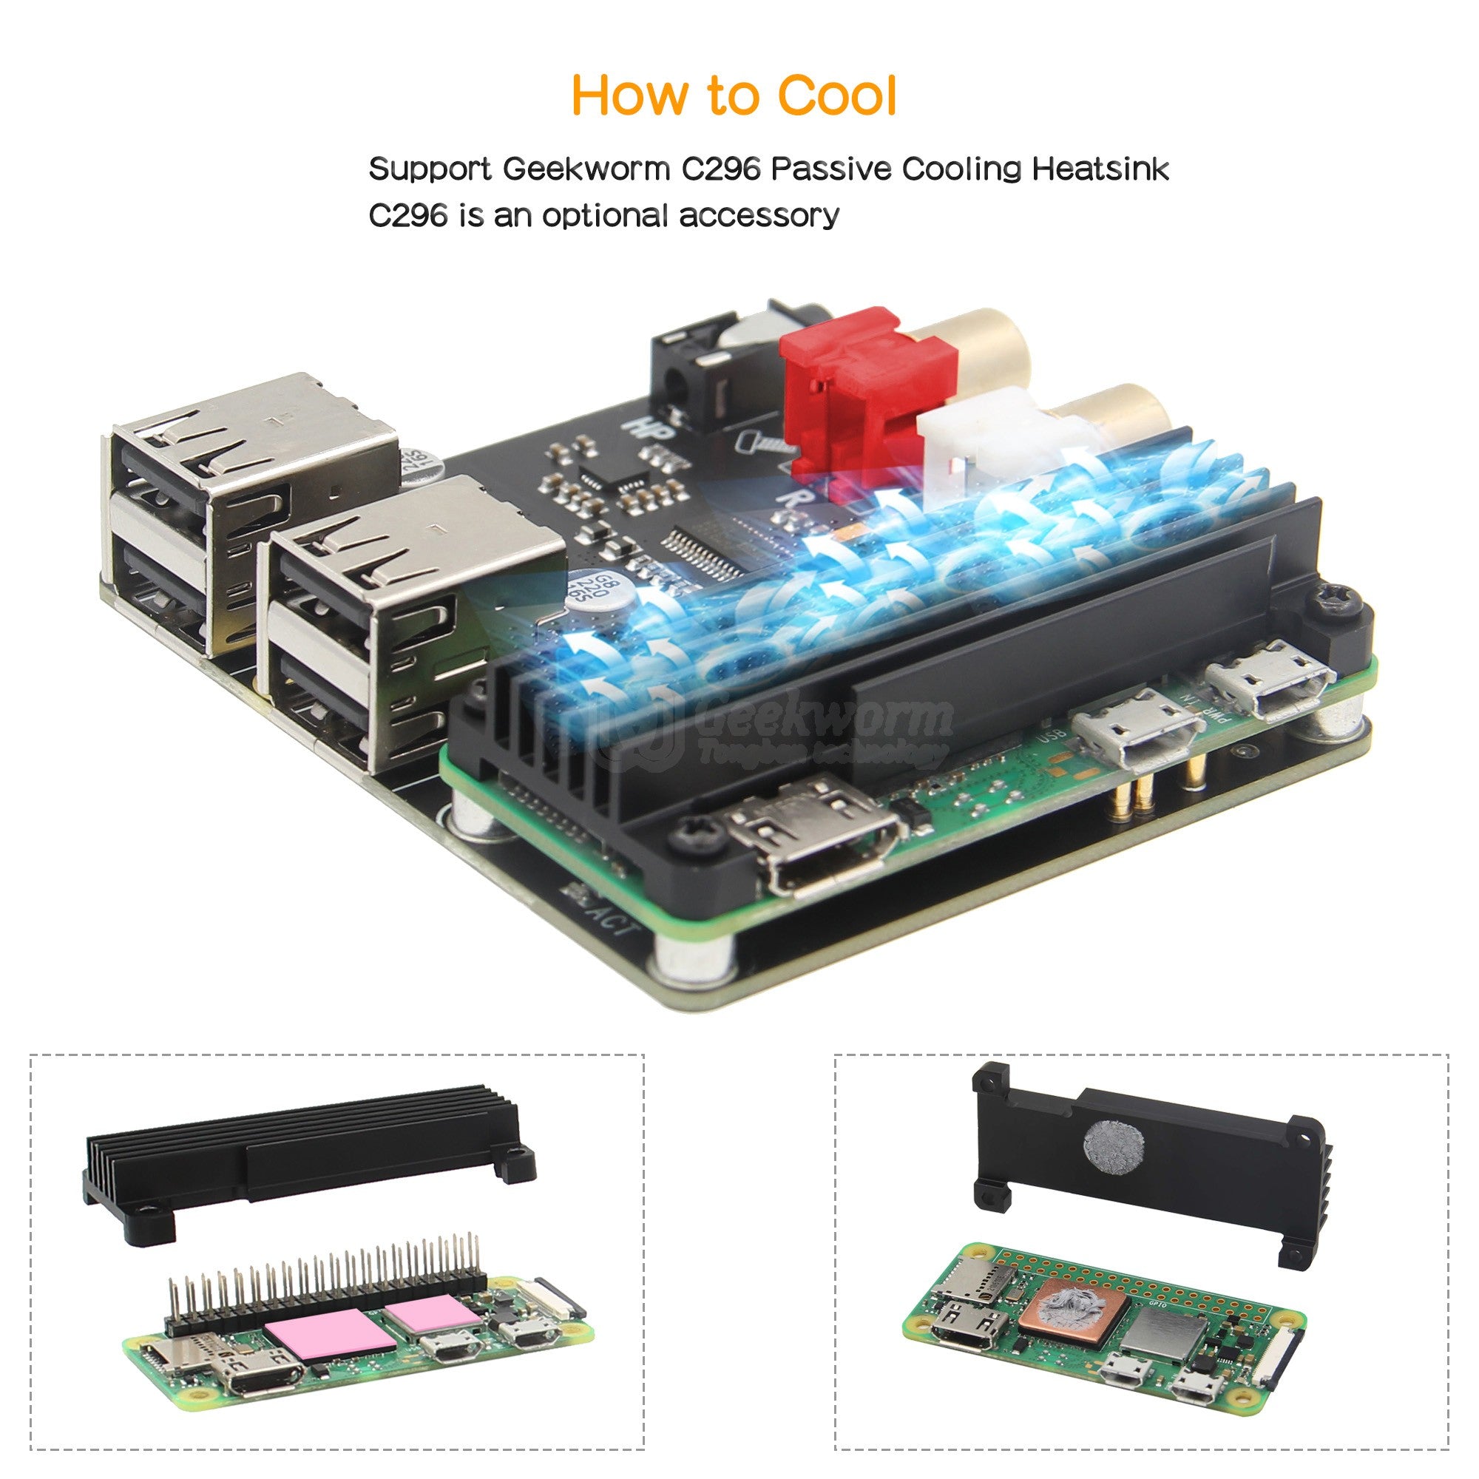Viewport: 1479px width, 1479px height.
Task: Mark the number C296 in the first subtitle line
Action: [x=720, y=169]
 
